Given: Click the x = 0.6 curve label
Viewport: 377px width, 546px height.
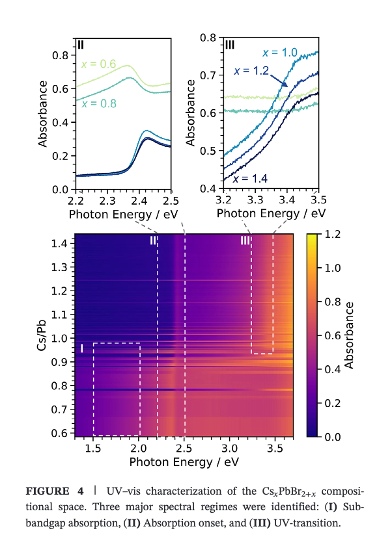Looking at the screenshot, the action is point(99,64).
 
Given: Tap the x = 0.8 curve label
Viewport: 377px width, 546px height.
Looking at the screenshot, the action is point(99,103).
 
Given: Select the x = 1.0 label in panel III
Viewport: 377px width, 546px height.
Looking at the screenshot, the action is point(280,53).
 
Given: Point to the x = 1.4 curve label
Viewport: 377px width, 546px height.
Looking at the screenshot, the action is point(250,179).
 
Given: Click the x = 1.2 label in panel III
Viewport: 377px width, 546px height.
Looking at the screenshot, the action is point(251,71).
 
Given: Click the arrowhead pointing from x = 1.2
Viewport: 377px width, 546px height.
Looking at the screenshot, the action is point(285,84).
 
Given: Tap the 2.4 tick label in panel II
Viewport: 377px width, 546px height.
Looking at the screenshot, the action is point(139,201).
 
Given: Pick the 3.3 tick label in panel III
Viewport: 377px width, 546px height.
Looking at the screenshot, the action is point(255,200).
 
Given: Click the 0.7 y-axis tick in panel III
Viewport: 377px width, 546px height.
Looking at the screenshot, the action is point(208,75).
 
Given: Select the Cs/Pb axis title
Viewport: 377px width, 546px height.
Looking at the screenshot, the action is point(42,335).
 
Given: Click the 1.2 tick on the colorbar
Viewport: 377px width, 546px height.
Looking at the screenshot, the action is point(332,235).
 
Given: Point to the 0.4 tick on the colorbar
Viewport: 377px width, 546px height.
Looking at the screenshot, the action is point(332,369).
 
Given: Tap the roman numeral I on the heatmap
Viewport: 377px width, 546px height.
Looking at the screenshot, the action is point(81,348).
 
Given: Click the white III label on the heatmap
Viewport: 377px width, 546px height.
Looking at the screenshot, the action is point(245,240).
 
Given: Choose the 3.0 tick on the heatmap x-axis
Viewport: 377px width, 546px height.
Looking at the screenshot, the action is point(229,448).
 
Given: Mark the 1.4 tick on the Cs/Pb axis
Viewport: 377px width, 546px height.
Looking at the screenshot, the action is point(59,243).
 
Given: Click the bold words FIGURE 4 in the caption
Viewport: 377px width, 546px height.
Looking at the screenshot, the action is point(55,491).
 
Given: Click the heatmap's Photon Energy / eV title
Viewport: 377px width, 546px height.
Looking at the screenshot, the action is point(184,462).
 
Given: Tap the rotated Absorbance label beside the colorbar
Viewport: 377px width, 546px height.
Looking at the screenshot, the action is point(349,335).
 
